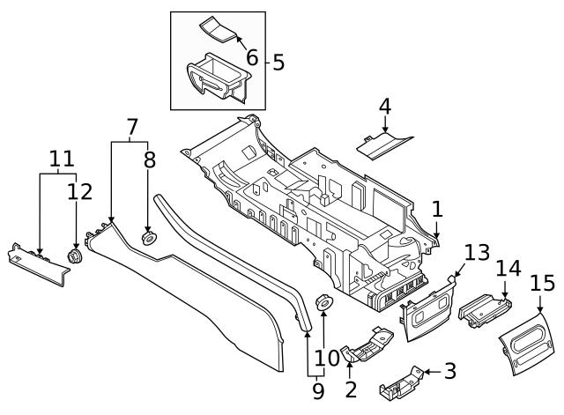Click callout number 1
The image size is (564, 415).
click(437, 209)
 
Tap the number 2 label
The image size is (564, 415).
click(351, 389)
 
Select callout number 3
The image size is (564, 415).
click(450, 371)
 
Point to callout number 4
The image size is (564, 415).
click(384, 107)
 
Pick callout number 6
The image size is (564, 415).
click(252, 58)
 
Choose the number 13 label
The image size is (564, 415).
click(477, 254)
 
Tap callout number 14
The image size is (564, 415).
click(508, 268)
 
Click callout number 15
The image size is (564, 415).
click(542, 284)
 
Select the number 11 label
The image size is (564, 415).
click(61, 159)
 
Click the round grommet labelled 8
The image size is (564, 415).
click(148, 237)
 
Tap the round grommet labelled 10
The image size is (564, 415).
click(323, 304)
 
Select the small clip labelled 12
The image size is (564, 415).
click(75, 256)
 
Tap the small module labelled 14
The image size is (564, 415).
click(484, 310)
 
